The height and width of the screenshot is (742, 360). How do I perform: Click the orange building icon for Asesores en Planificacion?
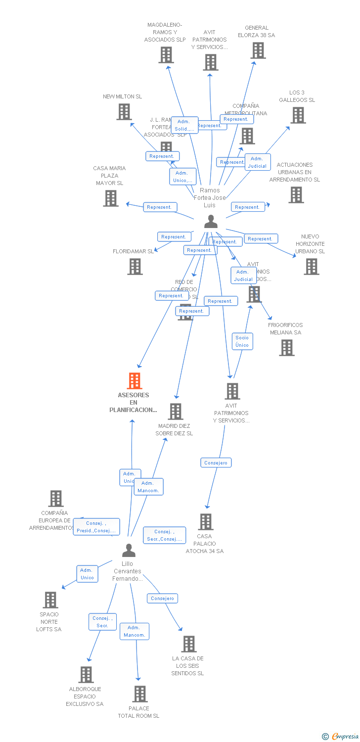click(134, 381)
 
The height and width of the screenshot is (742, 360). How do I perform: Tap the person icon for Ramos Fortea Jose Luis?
click(211, 222)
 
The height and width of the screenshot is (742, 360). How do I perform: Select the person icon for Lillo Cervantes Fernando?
click(129, 550)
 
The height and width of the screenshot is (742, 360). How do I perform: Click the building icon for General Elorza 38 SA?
click(258, 50)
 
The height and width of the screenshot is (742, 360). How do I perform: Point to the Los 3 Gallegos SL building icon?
click(298, 115)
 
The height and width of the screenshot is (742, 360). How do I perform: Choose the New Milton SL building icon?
click(124, 112)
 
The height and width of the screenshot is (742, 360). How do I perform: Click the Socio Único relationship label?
click(242, 341)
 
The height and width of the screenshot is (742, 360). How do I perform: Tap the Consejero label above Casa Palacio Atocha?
click(216, 463)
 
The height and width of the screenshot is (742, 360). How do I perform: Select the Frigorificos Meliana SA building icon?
click(286, 348)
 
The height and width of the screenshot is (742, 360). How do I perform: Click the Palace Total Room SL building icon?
click(140, 694)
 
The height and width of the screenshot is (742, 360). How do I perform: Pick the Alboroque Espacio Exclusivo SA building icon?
click(86, 675)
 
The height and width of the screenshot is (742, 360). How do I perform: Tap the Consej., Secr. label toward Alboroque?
click(102, 622)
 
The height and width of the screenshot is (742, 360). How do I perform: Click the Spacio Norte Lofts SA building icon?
click(50, 600)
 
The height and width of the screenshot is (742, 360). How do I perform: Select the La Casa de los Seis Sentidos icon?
click(189, 644)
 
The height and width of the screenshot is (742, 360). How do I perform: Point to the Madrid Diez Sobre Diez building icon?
click(175, 411)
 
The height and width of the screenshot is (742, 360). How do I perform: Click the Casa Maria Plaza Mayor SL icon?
click(110, 198)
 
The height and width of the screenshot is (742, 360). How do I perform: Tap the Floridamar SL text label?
click(133, 251)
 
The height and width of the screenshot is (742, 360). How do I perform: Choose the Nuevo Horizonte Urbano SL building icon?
click(311, 267)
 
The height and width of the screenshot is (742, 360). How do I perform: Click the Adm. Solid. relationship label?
click(184, 125)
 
